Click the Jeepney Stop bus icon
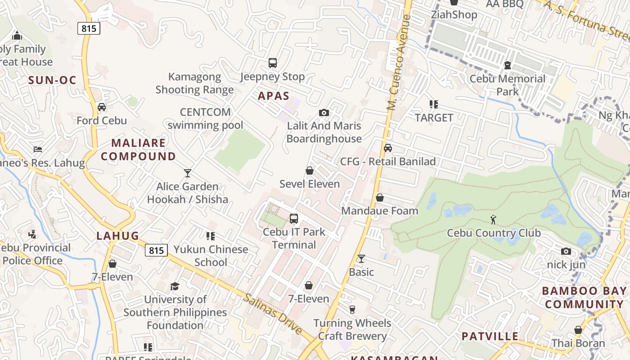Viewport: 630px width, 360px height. point(272,63)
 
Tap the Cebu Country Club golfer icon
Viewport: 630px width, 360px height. point(494,220)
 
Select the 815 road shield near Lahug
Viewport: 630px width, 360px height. point(156,250)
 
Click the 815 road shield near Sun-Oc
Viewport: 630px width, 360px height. point(89,28)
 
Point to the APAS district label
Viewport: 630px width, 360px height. point(274,96)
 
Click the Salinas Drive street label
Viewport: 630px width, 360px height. point(273,314)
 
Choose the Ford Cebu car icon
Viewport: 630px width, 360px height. point(102,107)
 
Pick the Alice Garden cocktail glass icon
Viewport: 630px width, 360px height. point(188,173)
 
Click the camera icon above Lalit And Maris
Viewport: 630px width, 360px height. point(324,112)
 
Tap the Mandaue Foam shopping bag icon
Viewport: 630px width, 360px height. point(380,198)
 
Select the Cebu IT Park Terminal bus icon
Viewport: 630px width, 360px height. point(294,219)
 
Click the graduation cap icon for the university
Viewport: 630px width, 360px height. point(175,286)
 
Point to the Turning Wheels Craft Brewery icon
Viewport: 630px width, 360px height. point(352,310)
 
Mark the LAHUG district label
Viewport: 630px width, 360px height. point(117,236)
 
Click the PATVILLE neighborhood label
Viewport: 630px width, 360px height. point(490,336)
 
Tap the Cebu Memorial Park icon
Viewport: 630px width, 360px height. point(508,65)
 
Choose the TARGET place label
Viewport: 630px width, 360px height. point(434,118)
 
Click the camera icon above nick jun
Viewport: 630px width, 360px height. point(566,251)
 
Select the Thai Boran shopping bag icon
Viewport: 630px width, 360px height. point(578,330)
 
